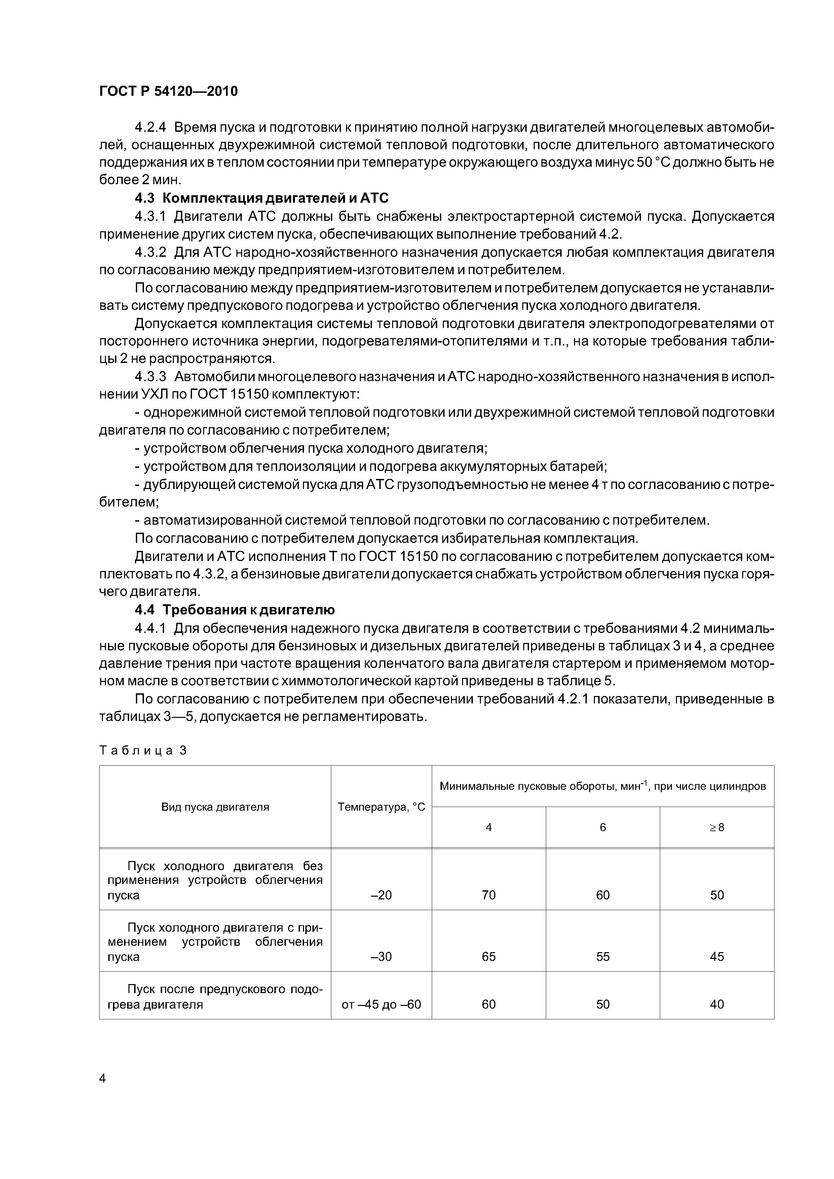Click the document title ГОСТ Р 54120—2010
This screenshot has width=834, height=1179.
click(168, 91)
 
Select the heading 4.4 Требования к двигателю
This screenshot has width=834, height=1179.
click(234, 610)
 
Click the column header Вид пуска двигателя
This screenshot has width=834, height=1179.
click(215, 807)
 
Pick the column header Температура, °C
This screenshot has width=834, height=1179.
click(381, 807)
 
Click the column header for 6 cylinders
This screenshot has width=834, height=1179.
click(602, 827)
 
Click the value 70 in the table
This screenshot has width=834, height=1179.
click(489, 895)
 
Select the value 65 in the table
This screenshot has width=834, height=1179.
click(489, 957)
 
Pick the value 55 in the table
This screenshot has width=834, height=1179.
click(602, 957)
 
